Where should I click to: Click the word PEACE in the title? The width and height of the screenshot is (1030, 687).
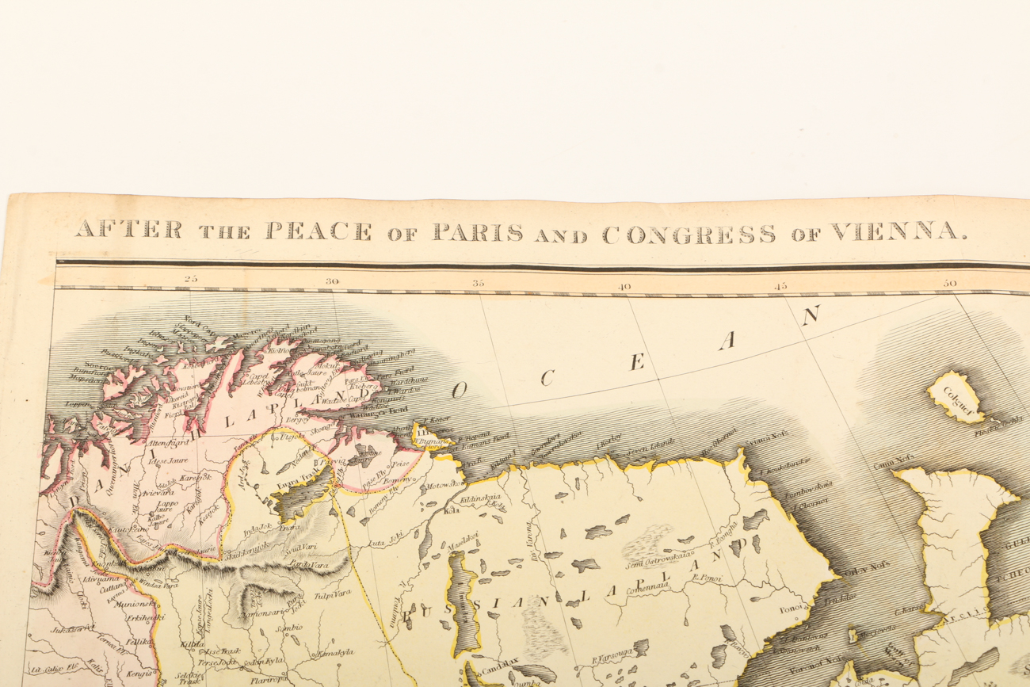pyautogui.click(x=318, y=231)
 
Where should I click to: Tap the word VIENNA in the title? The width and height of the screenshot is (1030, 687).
pyautogui.click(x=899, y=232)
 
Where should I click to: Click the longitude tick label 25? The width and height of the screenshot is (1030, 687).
pyautogui.click(x=190, y=279)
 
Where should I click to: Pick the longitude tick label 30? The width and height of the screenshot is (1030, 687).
pyautogui.click(x=331, y=281)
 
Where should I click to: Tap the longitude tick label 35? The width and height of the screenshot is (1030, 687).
pyautogui.click(x=479, y=282)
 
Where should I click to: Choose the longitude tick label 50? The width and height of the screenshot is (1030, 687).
pyautogui.click(x=950, y=283)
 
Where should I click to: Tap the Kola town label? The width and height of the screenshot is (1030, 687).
pyautogui.click(x=452, y=510)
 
